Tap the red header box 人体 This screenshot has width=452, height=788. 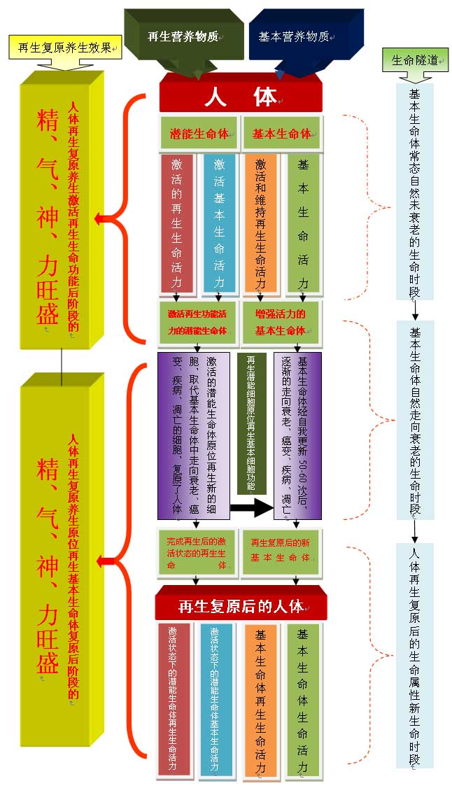coord(240,97)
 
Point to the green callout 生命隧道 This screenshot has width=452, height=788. coord(413,60)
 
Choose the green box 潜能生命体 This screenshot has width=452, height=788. coord(199,133)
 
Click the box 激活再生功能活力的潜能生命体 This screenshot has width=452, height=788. coord(198,321)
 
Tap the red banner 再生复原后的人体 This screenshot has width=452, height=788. coord(240,605)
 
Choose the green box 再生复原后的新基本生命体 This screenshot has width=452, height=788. coord(281,552)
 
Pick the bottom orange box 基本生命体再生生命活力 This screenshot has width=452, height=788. coord(260,700)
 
